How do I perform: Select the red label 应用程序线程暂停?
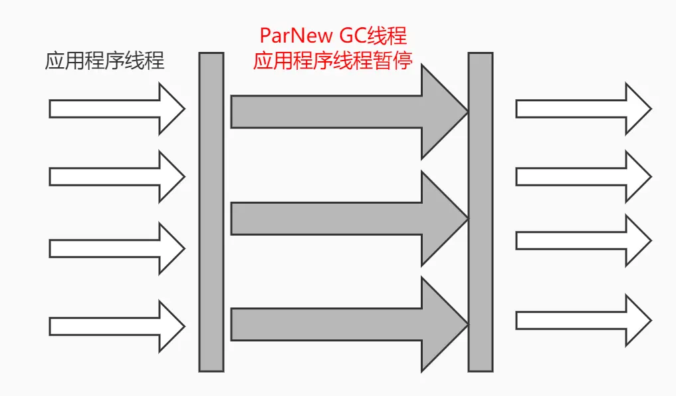332,61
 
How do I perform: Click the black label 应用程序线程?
104,62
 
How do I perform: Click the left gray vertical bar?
211,212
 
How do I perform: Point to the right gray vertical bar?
480,212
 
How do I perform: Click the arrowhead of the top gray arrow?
442,111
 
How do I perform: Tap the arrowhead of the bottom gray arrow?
442,324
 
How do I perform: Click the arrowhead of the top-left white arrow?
169,108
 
